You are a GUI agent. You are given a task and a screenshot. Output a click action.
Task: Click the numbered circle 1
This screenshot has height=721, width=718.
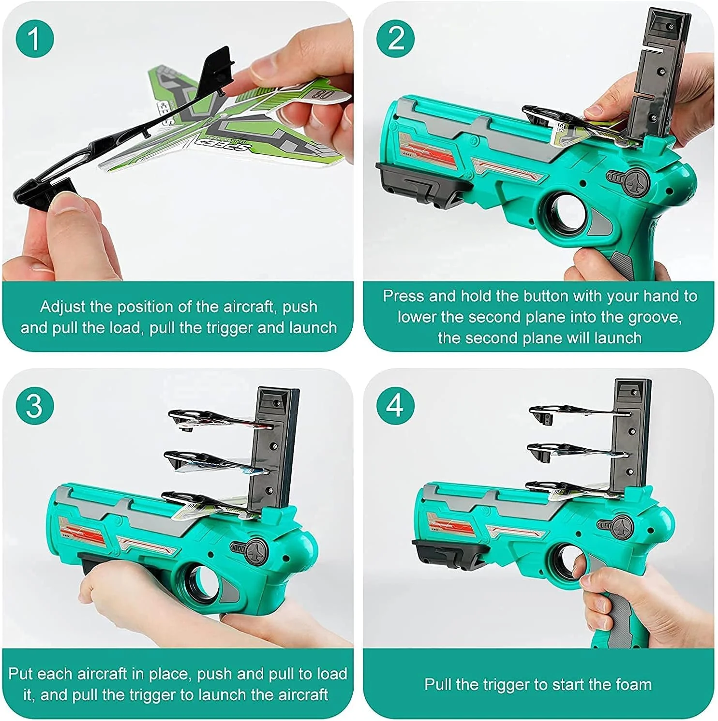coord(34,39)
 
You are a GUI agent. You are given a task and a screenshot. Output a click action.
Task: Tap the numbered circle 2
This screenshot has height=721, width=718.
coord(396,39)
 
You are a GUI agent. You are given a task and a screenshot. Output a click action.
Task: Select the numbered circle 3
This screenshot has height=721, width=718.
coord(34,405)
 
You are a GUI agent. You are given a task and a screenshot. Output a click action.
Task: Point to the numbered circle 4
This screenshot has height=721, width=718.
coord(396,405)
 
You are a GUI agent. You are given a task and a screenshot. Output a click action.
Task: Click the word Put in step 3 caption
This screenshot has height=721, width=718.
coord(20,674)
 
